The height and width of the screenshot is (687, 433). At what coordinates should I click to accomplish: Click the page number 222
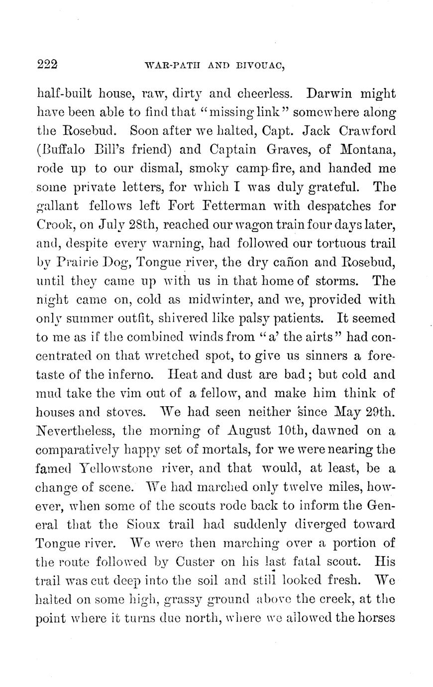pyautogui.click(x=48, y=64)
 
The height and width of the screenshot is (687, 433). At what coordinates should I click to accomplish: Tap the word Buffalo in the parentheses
pyautogui.click(x=66, y=150)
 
